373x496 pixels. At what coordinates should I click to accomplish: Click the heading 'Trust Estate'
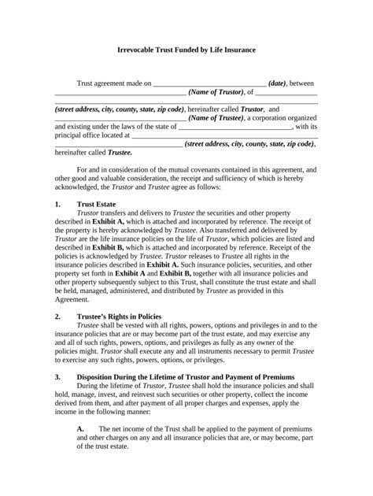coord(97,203)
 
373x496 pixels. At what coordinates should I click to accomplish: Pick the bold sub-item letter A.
coord(80,428)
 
